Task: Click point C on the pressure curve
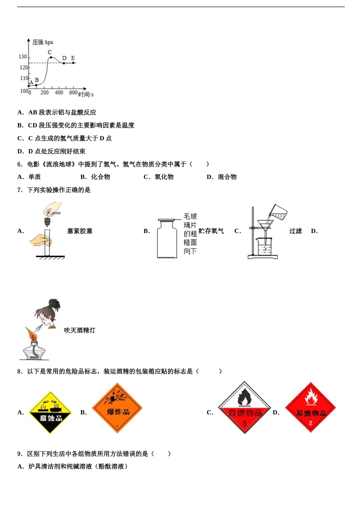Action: (x=51, y=57)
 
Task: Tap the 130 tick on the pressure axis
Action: (x=23, y=57)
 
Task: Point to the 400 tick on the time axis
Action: (x=59, y=92)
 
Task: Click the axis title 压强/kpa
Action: (x=43, y=42)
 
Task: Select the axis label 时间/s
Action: (x=86, y=94)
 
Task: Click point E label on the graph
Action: (x=73, y=58)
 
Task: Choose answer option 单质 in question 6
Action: (x=34, y=177)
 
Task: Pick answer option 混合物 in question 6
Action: (x=227, y=177)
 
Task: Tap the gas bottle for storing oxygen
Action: (x=167, y=240)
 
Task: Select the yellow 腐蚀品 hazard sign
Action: (x=51, y=413)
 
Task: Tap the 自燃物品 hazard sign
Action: (x=244, y=408)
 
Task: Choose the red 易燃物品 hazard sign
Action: (x=311, y=408)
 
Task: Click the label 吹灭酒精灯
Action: (x=80, y=330)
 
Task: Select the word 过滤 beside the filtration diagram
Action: (x=295, y=231)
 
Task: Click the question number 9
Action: (x=20, y=454)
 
